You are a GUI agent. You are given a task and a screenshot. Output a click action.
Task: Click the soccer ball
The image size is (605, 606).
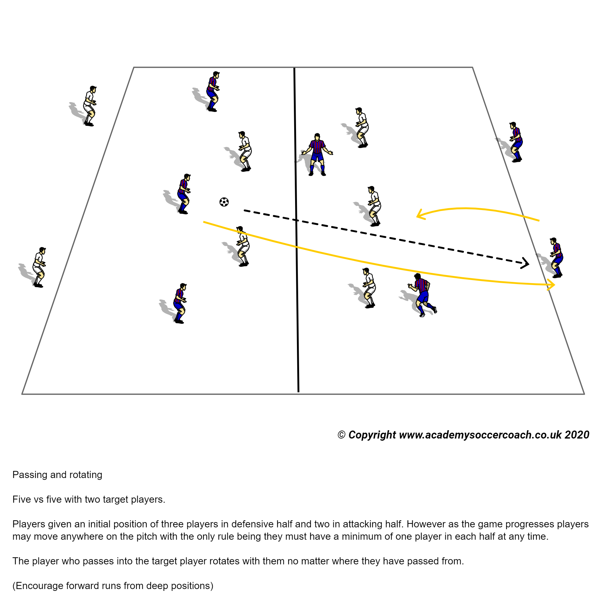(x=224, y=202)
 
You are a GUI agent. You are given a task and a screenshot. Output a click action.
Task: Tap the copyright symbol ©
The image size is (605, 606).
(x=342, y=435)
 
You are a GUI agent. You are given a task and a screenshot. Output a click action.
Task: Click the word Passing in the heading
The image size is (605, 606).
(x=30, y=475)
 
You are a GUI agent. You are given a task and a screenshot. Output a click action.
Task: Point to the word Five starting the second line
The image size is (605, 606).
(x=21, y=499)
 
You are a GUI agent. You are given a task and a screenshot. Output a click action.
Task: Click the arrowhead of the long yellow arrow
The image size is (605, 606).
(x=551, y=284)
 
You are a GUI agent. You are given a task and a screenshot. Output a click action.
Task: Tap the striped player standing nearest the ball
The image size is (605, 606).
(x=184, y=194)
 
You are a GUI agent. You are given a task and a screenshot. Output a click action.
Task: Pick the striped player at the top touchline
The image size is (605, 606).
(x=213, y=92)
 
